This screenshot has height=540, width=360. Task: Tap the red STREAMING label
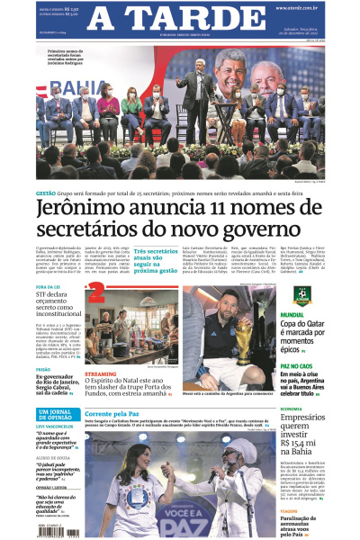[x=101, y=373]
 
